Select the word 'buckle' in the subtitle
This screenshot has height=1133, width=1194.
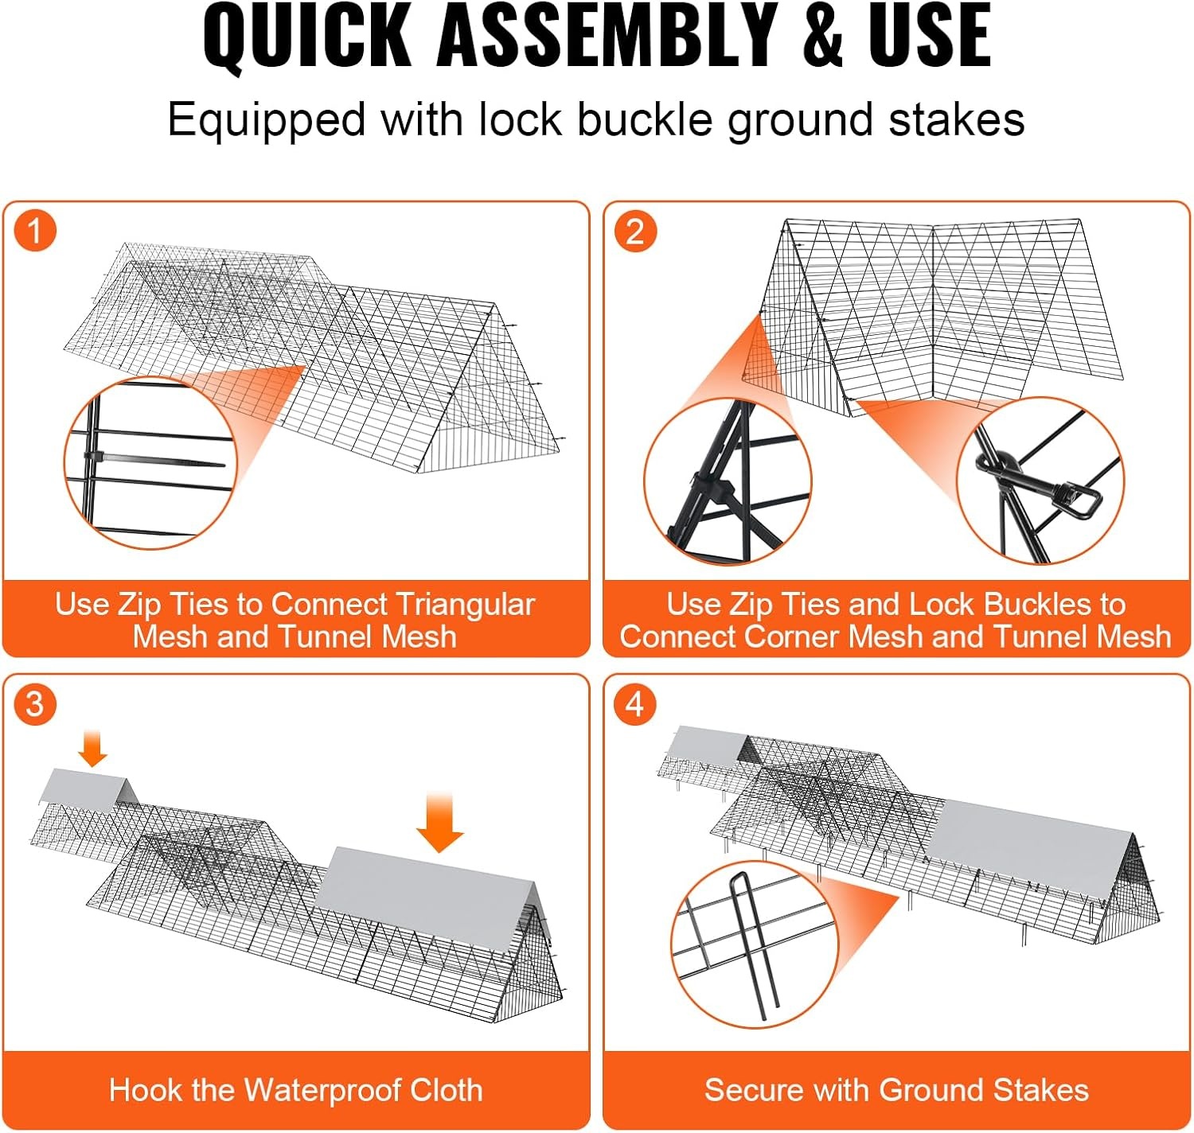[x=645, y=119]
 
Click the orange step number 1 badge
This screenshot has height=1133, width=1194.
[x=35, y=231]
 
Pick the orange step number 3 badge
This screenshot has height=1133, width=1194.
[x=35, y=703]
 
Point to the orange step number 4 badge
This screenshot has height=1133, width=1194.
[x=635, y=703]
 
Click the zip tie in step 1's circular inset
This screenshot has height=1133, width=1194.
[x=155, y=460]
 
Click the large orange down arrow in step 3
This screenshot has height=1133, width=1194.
[x=439, y=822]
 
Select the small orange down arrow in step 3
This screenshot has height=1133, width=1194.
[x=93, y=748]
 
